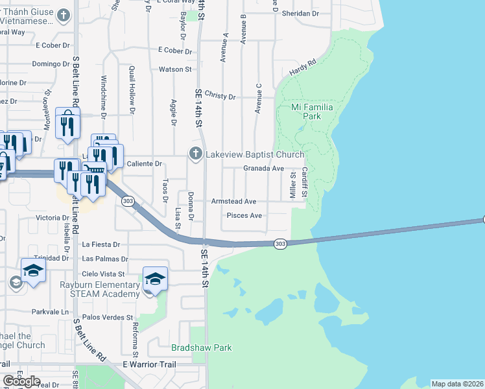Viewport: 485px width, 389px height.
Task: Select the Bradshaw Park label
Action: click(x=202, y=348)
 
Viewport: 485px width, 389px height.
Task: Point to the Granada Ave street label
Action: click(x=264, y=169)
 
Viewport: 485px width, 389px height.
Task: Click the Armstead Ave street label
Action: click(x=233, y=202)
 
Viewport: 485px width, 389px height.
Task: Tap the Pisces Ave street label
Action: click(x=244, y=215)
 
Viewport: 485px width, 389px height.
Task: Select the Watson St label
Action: click(x=176, y=69)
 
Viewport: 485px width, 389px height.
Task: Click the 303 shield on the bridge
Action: click(x=279, y=244)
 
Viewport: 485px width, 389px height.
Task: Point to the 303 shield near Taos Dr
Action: click(x=127, y=201)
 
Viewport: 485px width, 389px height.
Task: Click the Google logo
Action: click(x=21, y=381)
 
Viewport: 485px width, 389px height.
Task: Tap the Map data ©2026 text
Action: click(x=457, y=384)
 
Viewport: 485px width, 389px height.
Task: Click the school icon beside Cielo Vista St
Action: click(x=155, y=279)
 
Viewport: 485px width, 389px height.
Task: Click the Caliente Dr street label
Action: click(x=144, y=164)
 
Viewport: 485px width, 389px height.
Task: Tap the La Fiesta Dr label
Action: click(x=102, y=244)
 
